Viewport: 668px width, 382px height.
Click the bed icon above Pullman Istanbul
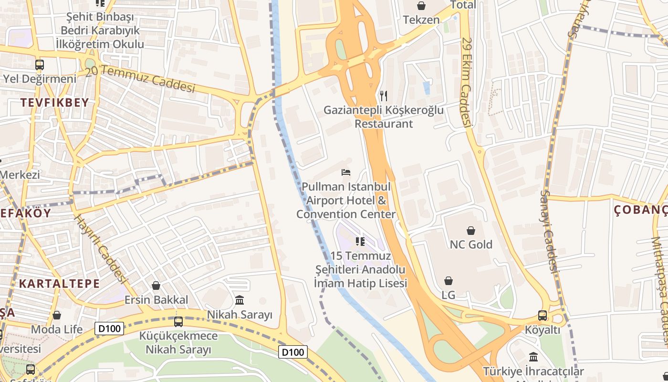pos(346,172)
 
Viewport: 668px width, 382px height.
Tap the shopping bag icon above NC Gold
pos(471,231)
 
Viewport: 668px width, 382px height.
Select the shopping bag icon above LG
pos(448,281)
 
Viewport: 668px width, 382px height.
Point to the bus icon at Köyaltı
pos(543,315)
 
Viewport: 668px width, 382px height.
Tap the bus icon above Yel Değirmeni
pos(40,65)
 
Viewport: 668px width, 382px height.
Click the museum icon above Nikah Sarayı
pos(240,300)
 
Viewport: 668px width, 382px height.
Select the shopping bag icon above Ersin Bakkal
pos(156,286)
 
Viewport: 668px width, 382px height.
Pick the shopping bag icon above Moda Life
pos(57,315)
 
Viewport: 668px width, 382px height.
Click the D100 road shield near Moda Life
pos(109,328)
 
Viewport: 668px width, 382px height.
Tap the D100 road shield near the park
pos(292,352)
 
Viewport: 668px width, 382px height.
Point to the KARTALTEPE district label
pos(60,284)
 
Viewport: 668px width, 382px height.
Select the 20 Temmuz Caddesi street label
pos(141,79)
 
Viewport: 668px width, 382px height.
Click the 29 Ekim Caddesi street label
pos(466,82)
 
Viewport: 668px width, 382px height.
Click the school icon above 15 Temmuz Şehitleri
pos(360,242)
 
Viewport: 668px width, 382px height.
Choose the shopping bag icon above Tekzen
pos(421,6)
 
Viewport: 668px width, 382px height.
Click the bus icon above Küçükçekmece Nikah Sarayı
pos(178,321)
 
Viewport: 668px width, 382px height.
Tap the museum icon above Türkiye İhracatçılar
pos(533,357)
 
